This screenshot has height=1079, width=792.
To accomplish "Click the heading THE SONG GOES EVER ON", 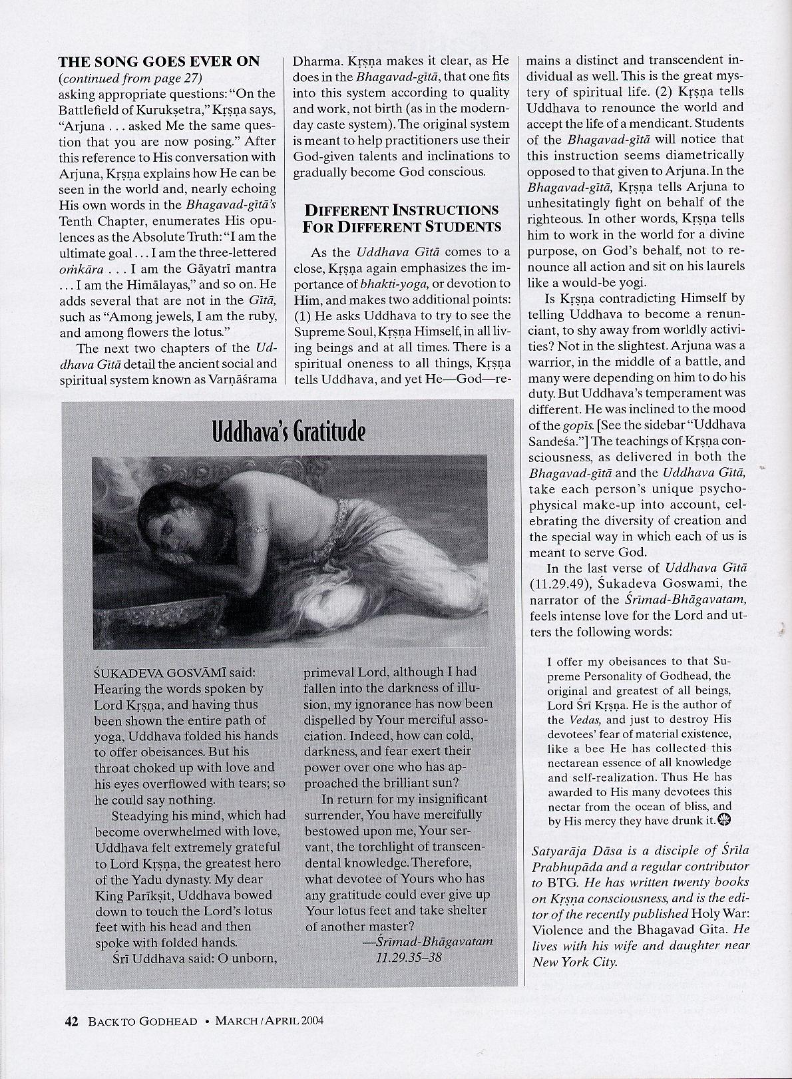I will click(x=159, y=62).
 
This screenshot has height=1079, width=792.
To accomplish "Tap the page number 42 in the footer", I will click(x=71, y=1040).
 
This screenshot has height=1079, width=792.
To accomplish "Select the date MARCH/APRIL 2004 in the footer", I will click(x=270, y=1040).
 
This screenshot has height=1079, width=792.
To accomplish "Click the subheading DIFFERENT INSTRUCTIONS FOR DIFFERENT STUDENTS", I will click(x=401, y=218).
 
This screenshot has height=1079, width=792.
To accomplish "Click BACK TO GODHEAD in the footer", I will click(x=142, y=1040).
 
